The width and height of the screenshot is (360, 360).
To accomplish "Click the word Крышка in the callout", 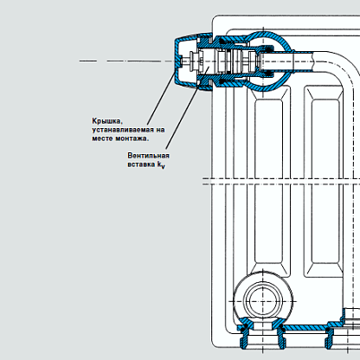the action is (x=107, y=121).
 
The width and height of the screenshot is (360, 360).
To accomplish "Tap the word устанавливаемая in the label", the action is (x=123, y=130).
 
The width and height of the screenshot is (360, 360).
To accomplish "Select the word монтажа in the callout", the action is (x=132, y=138).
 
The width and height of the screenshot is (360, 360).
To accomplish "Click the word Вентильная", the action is (x=148, y=156).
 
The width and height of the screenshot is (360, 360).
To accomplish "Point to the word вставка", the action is (x=141, y=164).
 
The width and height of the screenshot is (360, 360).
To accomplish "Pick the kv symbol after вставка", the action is (x=161, y=165).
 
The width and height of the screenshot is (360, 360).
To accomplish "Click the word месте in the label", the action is (x=102, y=138).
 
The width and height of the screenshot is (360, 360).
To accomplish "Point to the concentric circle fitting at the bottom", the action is (x=263, y=301).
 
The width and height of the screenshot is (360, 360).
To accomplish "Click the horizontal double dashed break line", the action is (x=281, y=182).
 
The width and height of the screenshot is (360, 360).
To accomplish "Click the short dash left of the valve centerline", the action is (x=88, y=61).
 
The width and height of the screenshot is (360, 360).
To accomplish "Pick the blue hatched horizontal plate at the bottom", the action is (x=305, y=327).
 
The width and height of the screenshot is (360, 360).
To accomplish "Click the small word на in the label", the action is (x=160, y=131).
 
